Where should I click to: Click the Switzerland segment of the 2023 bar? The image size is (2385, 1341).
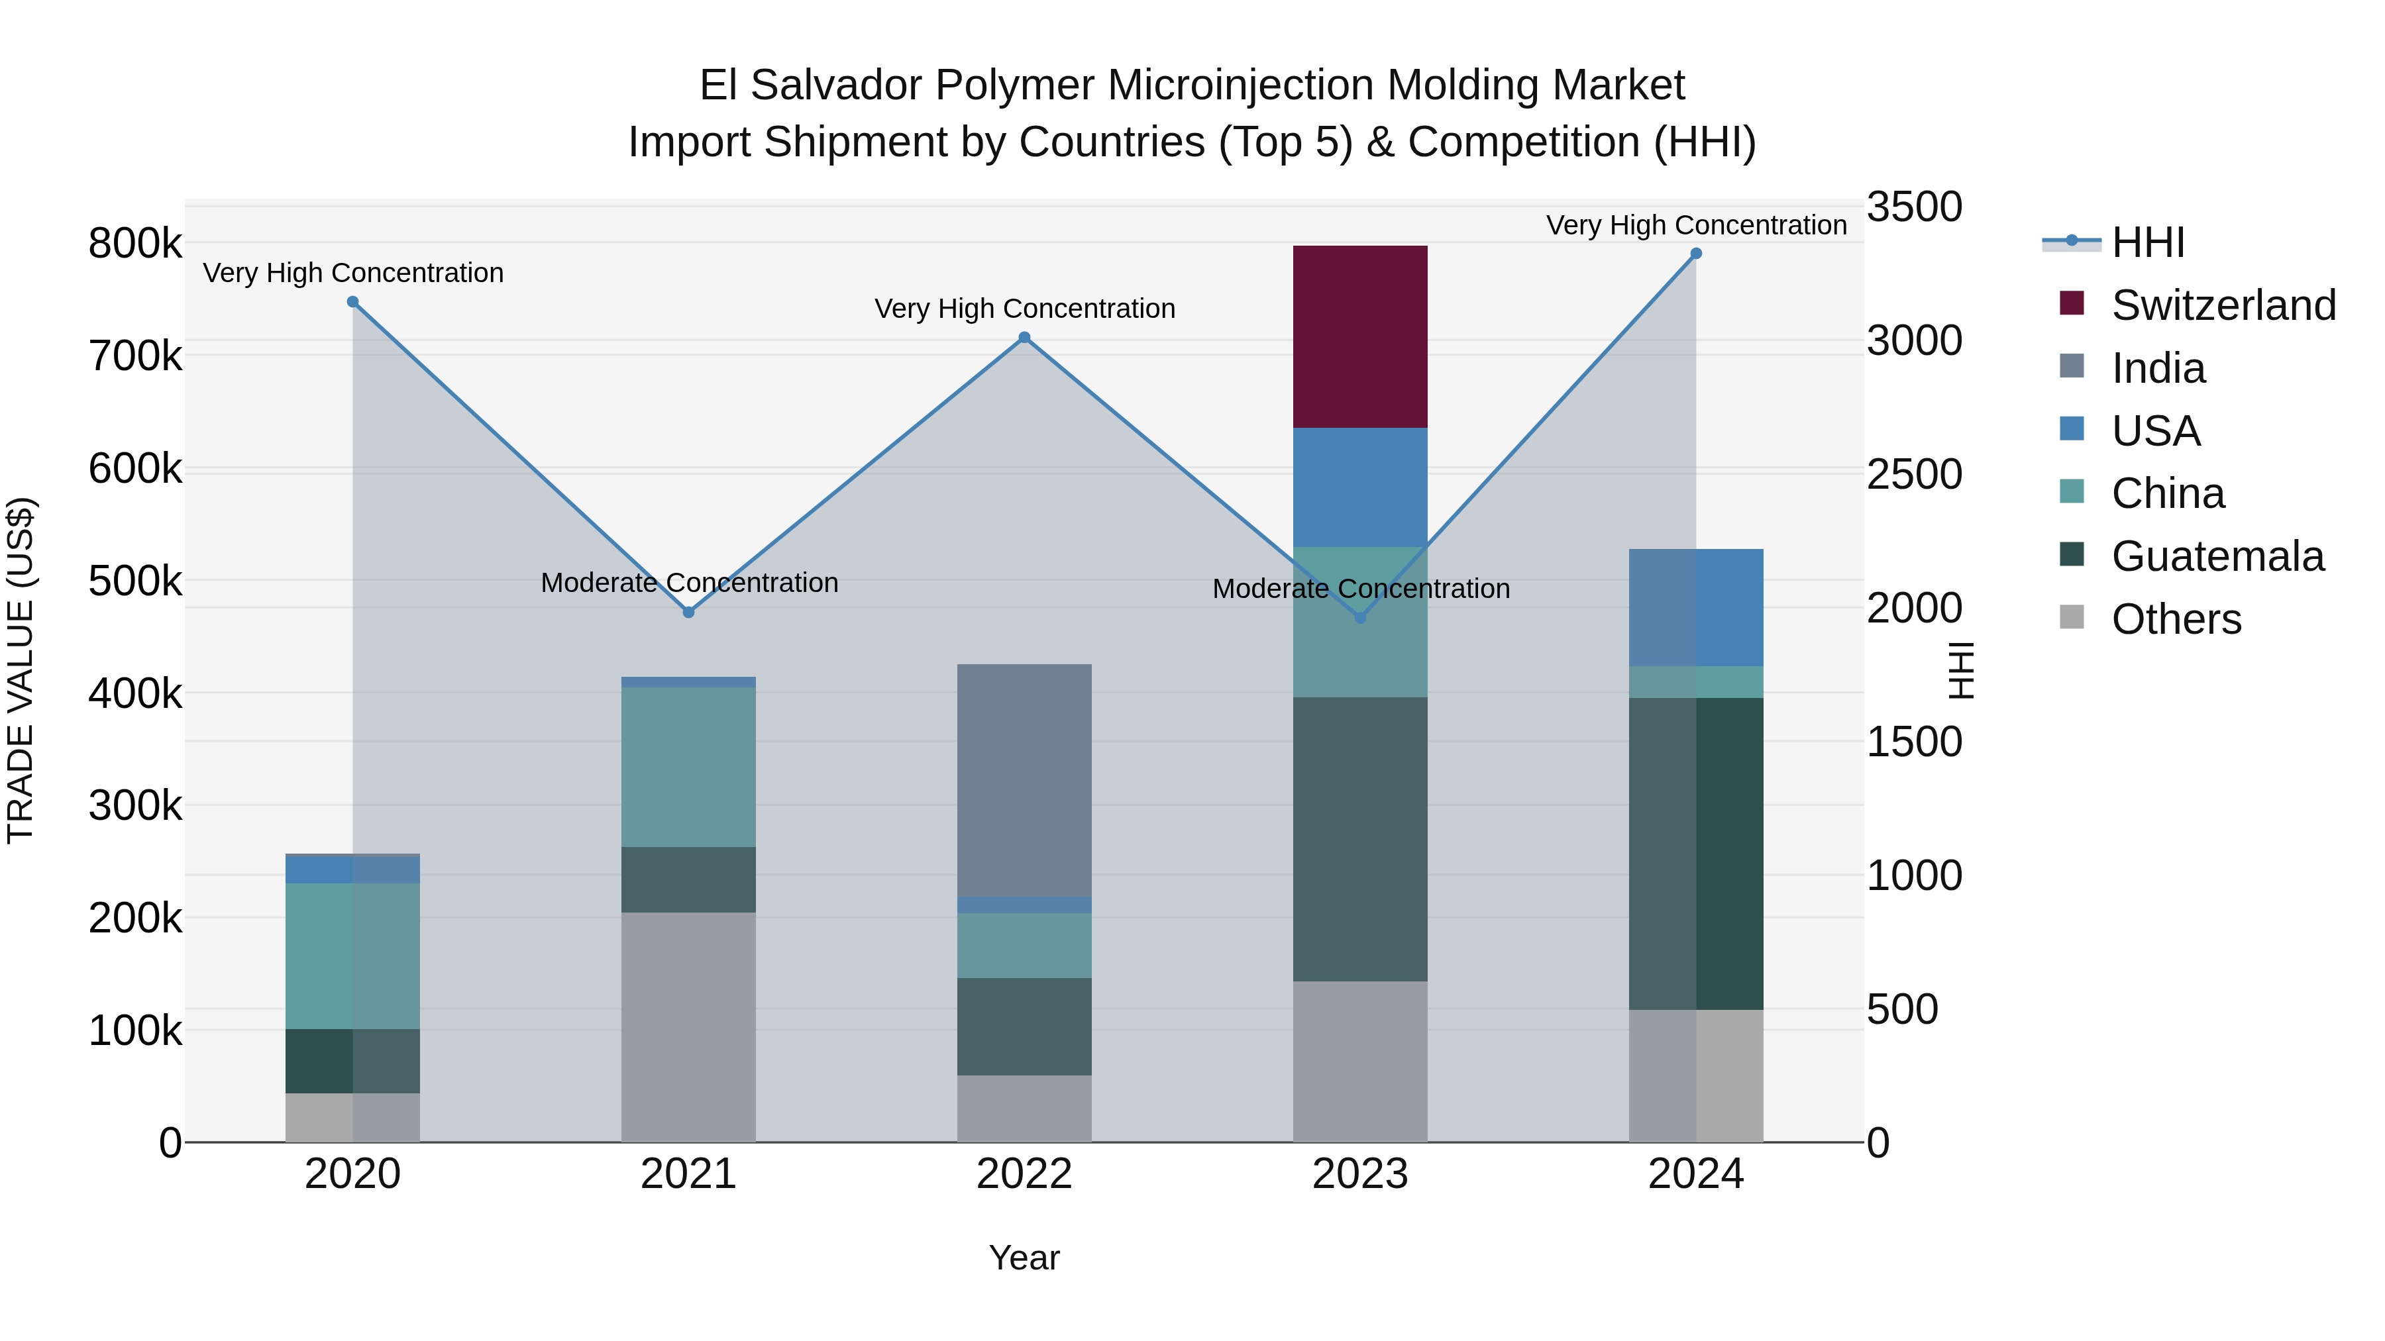pyautogui.click(x=1359, y=337)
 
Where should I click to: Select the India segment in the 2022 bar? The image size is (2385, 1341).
pyautogui.click(x=1024, y=780)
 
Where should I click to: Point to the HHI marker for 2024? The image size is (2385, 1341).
pyautogui.click(x=1695, y=254)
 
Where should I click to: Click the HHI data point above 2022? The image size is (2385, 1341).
pyautogui.click(x=1024, y=338)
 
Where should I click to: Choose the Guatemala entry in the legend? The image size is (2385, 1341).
pyautogui.click(x=2217, y=556)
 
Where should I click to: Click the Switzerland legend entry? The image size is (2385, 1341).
pyautogui.click(x=2223, y=305)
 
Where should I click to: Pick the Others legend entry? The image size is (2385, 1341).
pyautogui.click(x=2176, y=619)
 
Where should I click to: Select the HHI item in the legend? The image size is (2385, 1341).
pyautogui.click(x=2147, y=242)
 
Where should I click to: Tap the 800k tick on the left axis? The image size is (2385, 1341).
pyautogui.click(x=135, y=244)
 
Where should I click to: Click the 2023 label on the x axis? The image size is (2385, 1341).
pyautogui.click(x=1359, y=1174)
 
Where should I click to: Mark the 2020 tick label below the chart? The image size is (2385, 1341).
pyautogui.click(x=352, y=1174)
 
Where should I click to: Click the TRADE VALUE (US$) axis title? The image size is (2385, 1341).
pyautogui.click(x=21, y=670)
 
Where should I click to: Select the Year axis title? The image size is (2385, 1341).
pyautogui.click(x=1024, y=1258)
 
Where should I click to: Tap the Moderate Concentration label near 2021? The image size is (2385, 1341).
pyautogui.click(x=689, y=583)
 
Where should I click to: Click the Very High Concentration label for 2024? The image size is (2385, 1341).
pyautogui.click(x=1695, y=225)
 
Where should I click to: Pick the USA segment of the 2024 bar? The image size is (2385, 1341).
pyautogui.click(x=1695, y=608)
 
